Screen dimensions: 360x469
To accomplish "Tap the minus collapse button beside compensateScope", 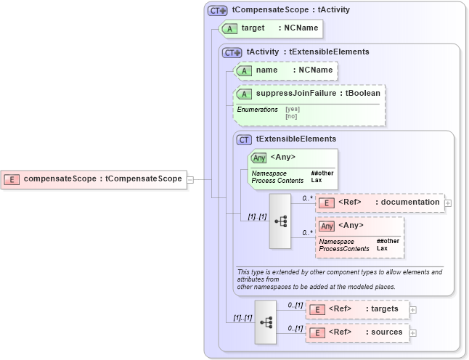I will (190, 179).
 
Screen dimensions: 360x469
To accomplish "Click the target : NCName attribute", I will (269, 28).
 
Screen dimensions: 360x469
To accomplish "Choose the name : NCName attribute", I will (285, 70).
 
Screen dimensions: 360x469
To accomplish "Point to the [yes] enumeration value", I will (292, 109).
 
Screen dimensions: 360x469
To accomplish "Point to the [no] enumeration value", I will (291, 116).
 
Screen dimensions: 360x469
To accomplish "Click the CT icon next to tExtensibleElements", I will (244, 139).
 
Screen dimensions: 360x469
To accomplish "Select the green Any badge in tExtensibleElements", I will (258, 157).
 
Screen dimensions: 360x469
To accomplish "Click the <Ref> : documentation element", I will (380, 202).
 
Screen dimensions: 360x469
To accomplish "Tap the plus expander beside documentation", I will (448, 202).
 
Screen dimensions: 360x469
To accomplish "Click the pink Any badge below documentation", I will (327, 226).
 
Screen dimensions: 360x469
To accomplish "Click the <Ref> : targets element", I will (356, 309).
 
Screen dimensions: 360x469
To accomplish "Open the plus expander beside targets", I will (413, 309).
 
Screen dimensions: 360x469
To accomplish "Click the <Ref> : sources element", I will (356, 332).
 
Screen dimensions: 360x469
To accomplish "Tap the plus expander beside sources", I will (413, 332).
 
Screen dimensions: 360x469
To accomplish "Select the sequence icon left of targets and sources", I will (266, 321).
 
